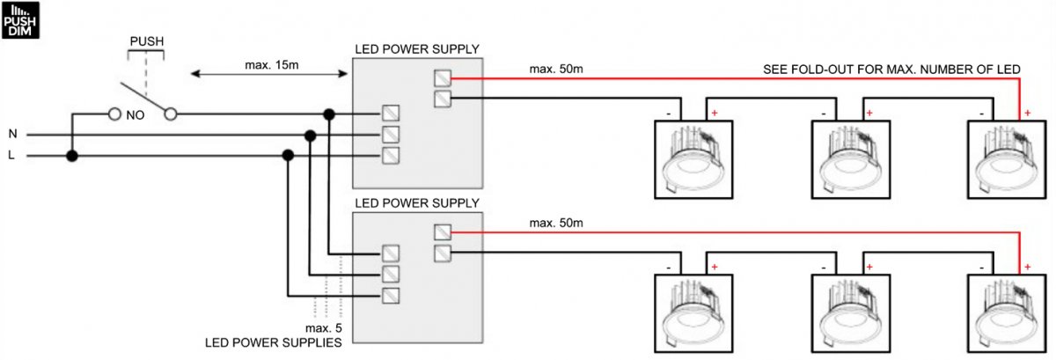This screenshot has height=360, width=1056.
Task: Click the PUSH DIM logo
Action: [x=19, y=19]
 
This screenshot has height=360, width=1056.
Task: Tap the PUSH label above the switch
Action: [x=145, y=41]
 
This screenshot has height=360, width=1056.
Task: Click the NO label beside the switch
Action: [x=136, y=114]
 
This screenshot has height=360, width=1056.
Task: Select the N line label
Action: [x=12, y=135]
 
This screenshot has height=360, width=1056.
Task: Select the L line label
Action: [x=12, y=157]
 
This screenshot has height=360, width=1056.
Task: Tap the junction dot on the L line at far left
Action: [x=72, y=157]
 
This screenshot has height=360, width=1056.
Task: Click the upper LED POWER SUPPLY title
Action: [x=416, y=48]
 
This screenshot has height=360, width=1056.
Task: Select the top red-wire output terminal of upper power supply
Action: [x=443, y=78]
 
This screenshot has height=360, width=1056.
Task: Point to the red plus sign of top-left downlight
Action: [x=714, y=114]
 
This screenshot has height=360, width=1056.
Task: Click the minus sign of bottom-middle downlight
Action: [x=823, y=268]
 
